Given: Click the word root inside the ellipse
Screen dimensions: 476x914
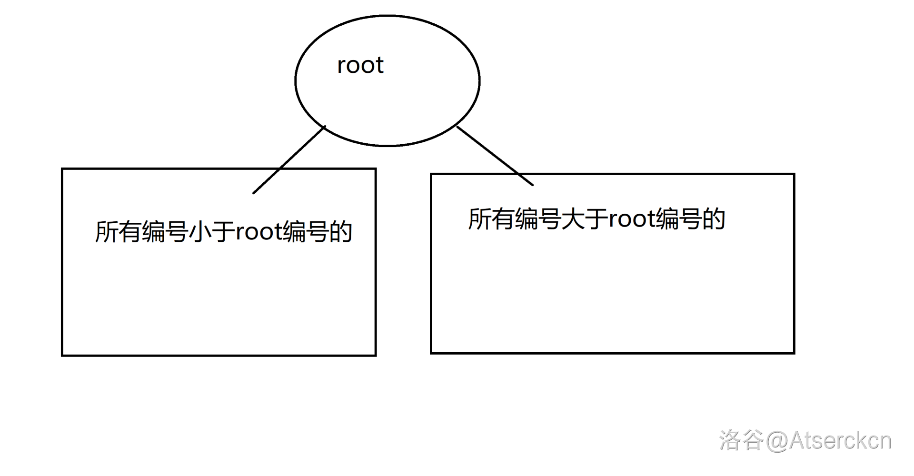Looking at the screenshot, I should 360,65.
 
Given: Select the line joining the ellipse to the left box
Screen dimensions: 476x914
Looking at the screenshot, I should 289,160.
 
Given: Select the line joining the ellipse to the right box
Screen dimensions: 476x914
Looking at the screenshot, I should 495,156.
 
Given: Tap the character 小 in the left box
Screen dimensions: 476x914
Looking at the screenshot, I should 200,232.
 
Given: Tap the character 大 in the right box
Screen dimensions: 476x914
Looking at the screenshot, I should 573,219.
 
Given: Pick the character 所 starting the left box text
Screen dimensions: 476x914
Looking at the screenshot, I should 107,232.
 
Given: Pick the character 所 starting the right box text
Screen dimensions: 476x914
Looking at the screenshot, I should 480,219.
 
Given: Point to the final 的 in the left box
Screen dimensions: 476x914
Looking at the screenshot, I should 340,232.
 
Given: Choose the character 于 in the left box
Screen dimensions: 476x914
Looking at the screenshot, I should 223,232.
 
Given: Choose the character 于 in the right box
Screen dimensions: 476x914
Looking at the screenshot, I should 596,219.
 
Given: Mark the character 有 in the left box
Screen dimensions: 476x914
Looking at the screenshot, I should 130,232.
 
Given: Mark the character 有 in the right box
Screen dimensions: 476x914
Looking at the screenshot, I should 503,219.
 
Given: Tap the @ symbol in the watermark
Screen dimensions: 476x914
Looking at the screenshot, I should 777,441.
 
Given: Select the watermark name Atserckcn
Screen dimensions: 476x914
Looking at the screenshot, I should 841,441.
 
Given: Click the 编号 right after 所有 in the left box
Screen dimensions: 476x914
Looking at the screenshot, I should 165,232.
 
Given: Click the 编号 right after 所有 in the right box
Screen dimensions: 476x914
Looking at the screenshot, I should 538,219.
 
